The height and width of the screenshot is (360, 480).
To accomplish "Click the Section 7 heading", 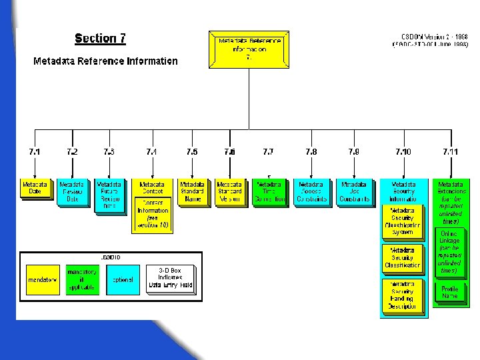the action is [x=100, y=38].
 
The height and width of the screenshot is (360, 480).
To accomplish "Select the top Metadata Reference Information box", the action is [x=249, y=49].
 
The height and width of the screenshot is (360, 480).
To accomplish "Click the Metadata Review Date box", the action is [x=72, y=192].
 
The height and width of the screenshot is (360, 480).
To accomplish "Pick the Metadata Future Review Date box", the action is [x=109, y=195].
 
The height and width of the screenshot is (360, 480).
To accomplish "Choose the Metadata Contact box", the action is [x=152, y=188].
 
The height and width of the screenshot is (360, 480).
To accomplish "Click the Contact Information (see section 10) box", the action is [x=153, y=214].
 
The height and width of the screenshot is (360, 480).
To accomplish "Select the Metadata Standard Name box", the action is [x=192, y=191].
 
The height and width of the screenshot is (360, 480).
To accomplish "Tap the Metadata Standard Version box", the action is [x=229, y=191].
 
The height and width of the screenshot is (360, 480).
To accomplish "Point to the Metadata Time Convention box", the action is [x=269, y=191].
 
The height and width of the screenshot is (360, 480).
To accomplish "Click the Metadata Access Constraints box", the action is [x=311, y=191].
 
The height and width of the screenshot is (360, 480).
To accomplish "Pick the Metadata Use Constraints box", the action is [x=354, y=191].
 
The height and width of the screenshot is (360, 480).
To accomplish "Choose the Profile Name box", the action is [x=449, y=292].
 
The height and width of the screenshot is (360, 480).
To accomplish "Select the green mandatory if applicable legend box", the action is [x=81, y=280].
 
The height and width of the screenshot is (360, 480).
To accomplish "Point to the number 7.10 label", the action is [x=403, y=152].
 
